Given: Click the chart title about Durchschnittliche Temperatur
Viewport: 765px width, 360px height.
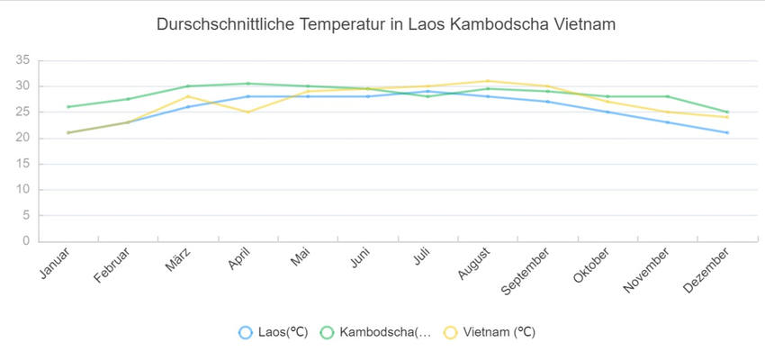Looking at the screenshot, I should coord(386,24).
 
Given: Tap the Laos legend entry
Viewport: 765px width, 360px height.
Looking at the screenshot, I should coord(274,332).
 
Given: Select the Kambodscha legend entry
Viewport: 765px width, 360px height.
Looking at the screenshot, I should coord(375,332).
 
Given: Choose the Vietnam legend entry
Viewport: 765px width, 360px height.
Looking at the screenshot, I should coord(490,332).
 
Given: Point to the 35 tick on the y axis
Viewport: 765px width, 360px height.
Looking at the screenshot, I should coord(22,60).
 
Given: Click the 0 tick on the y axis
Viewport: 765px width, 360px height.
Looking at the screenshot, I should coord(26,241).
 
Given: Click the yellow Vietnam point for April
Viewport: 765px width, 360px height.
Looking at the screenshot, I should coord(248,112).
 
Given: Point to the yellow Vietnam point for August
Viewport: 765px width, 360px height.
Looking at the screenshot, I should coord(488,81).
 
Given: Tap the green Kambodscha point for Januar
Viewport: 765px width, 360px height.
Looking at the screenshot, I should coord(68,107).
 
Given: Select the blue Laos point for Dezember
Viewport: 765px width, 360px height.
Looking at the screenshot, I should coord(727,132).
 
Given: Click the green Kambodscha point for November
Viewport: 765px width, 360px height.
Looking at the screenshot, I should coord(668,96).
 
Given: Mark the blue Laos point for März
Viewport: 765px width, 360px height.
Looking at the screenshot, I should coord(188,107).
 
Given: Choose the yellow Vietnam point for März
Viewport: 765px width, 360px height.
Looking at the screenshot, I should coord(188,96).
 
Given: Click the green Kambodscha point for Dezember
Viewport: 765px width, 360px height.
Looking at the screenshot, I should coord(727,112).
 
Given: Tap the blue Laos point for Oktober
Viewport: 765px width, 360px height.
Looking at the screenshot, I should coord(607,112).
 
